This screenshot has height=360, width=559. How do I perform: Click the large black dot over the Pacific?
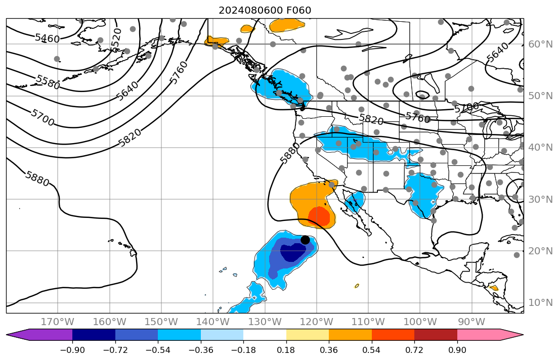coord(305,240)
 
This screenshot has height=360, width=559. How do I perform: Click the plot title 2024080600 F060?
coord(265,10)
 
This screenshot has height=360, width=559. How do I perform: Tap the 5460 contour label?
coord(47,38)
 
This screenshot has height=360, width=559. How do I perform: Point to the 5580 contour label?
coord(48,82)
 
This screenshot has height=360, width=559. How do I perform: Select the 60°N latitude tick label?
coord(540,44)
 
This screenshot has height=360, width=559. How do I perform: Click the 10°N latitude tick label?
coord(540,302)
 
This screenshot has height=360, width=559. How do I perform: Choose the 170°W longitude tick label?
coord(58,322)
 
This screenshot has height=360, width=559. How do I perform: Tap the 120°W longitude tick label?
coord(317,322)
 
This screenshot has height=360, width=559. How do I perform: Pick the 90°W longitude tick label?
coord(472,322)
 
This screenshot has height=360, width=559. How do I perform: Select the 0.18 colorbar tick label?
coord(286,350)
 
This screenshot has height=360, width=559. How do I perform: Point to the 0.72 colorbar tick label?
coord(414,350)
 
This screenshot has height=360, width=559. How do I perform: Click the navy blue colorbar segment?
coord(94,335)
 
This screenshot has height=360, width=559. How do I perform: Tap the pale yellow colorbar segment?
coord(308,335)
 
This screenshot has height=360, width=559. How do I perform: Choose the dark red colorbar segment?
coord(436,335)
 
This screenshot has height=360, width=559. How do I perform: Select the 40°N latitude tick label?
coord(540,147)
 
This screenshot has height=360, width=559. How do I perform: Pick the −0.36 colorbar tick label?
coord(200,350)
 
